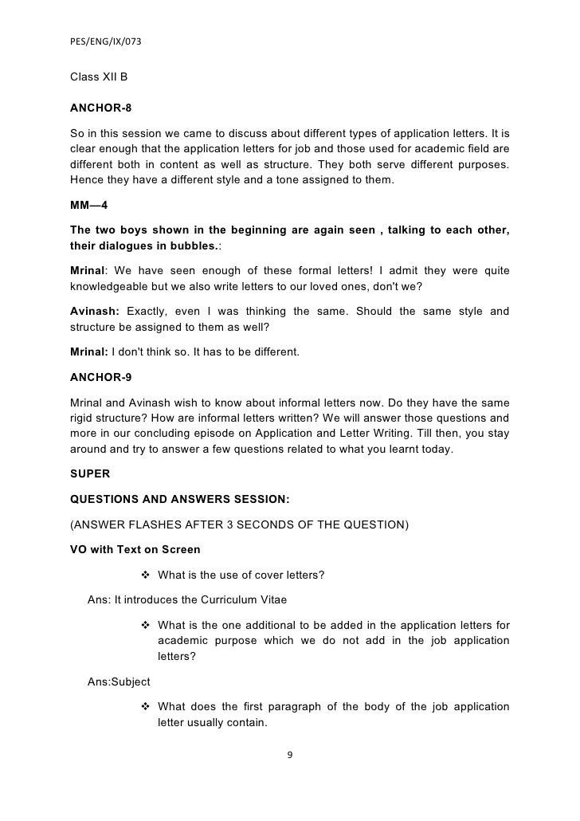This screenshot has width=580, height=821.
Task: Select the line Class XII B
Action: pyautogui.click(x=99, y=78)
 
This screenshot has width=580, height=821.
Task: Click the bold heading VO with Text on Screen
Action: pyautogui.click(x=135, y=550)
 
